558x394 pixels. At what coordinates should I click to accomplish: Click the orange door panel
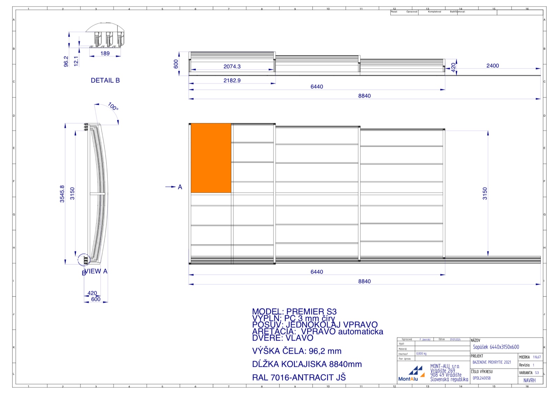[x=211, y=158]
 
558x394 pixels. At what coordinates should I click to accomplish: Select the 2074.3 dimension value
[x=232, y=66]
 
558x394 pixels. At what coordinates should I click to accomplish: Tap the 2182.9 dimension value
[x=232, y=80]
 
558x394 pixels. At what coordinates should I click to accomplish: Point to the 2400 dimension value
[x=492, y=66]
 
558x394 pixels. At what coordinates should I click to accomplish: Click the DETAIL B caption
[x=105, y=80]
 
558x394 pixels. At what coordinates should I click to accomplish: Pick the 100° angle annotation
[x=113, y=106]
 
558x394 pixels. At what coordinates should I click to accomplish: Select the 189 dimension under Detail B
[x=105, y=53]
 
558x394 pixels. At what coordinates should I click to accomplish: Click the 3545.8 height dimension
[x=62, y=194]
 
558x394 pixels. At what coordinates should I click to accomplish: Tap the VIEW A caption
[x=96, y=271]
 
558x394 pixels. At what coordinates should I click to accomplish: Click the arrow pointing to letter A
[x=171, y=187]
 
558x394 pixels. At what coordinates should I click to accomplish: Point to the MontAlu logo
[x=412, y=374]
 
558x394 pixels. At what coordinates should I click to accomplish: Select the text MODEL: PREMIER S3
[x=294, y=311]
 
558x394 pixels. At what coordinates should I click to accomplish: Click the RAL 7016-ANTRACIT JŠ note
[x=299, y=377]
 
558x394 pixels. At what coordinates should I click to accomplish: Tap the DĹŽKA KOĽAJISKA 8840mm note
[x=307, y=364]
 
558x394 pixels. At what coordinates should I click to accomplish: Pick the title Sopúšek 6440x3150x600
[x=496, y=347]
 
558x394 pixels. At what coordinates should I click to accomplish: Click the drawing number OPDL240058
[x=482, y=378]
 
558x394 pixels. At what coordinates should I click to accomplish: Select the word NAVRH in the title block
[x=529, y=380]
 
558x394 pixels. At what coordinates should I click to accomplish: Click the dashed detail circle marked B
[x=84, y=260]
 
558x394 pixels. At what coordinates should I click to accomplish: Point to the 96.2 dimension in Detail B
[x=66, y=61]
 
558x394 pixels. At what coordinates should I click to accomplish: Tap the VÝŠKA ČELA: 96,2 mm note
[x=297, y=351]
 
